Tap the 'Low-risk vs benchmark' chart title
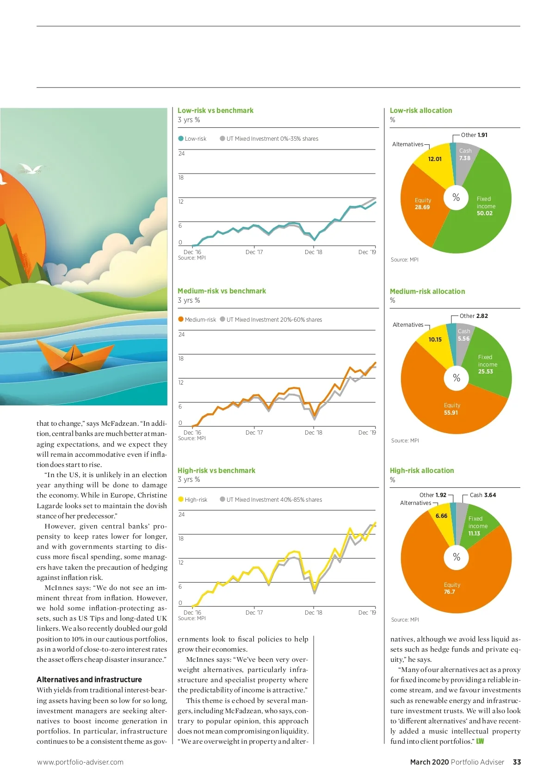click(216, 111)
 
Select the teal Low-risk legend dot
click(181, 138)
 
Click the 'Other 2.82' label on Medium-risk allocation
click(474, 316)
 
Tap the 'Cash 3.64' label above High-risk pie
click(483, 495)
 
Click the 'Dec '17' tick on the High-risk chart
click(254, 613)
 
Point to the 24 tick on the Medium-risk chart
click(181, 335)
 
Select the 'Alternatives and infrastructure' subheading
click(89, 679)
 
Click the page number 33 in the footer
click(517, 762)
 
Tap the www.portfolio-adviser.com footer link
click(80, 762)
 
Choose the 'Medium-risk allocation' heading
click(427, 292)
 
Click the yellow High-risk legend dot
click(181, 499)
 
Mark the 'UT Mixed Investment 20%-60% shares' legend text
click(274, 320)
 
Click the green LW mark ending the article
click(480, 741)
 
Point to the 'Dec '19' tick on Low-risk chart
click(367, 252)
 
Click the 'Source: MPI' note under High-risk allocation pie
click(405, 620)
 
